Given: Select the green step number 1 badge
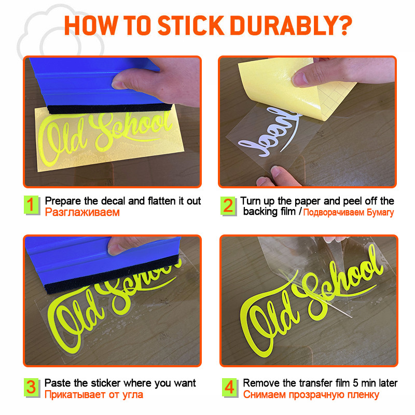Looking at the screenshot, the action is click(x=32, y=205).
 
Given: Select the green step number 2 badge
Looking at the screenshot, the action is click(x=228, y=206).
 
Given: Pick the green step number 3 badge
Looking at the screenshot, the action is click(x=32, y=388).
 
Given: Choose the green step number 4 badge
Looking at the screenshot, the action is click(x=229, y=388).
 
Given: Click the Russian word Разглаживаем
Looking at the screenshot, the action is click(x=82, y=213).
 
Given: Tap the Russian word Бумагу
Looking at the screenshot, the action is click(x=380, y=213).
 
